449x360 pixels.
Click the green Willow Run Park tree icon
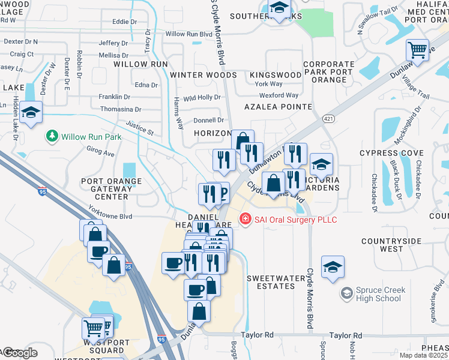pyautogui.click(x=53, y=137)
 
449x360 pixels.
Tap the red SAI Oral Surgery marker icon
pyautogui.click(x=245, y=220)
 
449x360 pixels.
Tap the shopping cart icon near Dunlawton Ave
pyautogui.click(x=417, y=50)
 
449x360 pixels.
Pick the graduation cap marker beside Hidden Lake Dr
pyautogui.click(x=30, y=112)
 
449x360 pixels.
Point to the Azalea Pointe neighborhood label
pyautogui.click(x=278, y=107)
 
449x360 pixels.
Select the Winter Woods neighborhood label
pyautogui.click(x=203, y=75)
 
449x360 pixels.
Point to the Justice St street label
pyautogui.click(x=140, y=128)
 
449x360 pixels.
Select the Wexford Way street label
pyautogui.click(x=279, y=95)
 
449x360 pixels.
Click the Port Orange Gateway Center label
pyautogui.click(x=112, y=188)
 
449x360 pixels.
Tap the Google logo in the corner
pyautogui.click(x=19, y=353)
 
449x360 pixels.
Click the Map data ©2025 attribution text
pyautogui.click(x=423, y=355)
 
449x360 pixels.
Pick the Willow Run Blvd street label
pyautogui.click(x=189, y=34)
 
